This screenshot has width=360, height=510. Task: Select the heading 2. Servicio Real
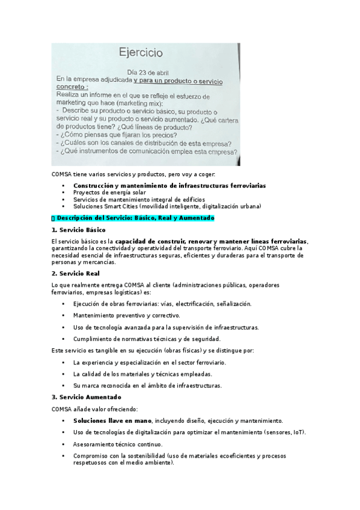[75, 274]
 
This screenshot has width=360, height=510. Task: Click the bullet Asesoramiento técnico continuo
[117, 443]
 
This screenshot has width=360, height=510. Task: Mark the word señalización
[230, 304]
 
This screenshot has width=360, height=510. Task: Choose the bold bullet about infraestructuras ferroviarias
[169, 185]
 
